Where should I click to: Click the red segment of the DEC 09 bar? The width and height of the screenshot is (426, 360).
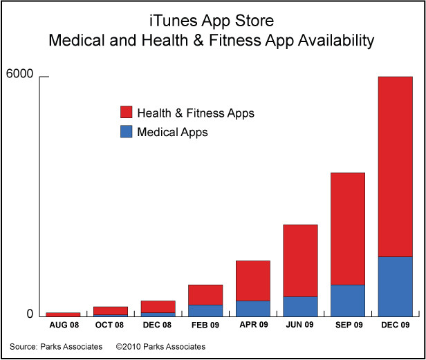[x=396, y=167]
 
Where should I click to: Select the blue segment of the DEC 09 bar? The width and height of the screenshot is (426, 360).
[x=396, y=287]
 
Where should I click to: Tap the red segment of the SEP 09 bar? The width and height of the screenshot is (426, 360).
[x=348, y=229]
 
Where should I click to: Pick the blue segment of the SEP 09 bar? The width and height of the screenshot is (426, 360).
[x=348, y=301]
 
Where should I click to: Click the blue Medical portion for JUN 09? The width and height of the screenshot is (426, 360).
[x=300, y=307]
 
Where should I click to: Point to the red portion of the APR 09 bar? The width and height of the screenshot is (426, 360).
[x=253, y=281]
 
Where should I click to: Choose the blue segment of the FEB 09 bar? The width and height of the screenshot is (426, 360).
[x=205, y=311]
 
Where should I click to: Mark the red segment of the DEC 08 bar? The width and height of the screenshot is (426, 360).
[x=158, y=307]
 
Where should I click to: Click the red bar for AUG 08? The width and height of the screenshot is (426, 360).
[x=63, y=314]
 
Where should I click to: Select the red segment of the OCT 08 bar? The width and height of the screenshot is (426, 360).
[x=111, y=311]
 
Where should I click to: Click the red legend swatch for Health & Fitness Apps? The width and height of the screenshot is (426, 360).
[x=127, y=112]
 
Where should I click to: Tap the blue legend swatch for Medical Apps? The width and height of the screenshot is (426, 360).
[x=127, y=131]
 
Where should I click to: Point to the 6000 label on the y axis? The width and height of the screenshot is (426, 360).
[x=19, y=73]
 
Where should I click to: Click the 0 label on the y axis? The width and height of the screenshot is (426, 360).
[x=30, y=314]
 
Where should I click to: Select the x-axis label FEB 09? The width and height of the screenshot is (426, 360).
[x=205, y=325]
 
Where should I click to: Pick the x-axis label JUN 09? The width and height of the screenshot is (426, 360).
[x=299, y=325]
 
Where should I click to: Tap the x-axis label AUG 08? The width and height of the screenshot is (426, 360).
[x=64, y=325]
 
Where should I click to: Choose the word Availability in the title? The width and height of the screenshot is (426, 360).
[x=336, y=41]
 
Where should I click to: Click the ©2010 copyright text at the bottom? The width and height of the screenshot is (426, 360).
[x=160, y=347]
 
